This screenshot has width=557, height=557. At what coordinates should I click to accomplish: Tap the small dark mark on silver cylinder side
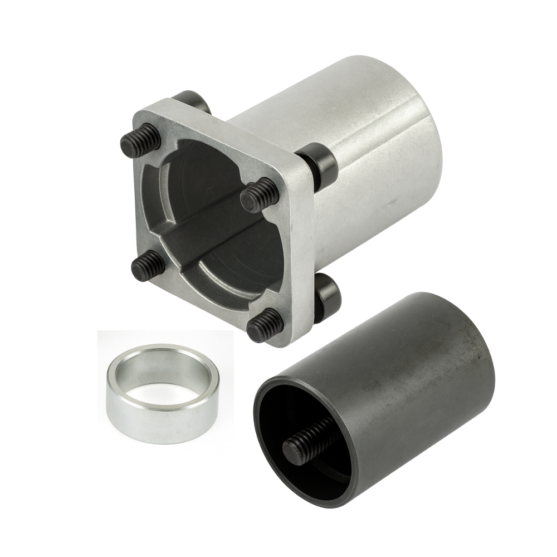coord(392,199)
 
